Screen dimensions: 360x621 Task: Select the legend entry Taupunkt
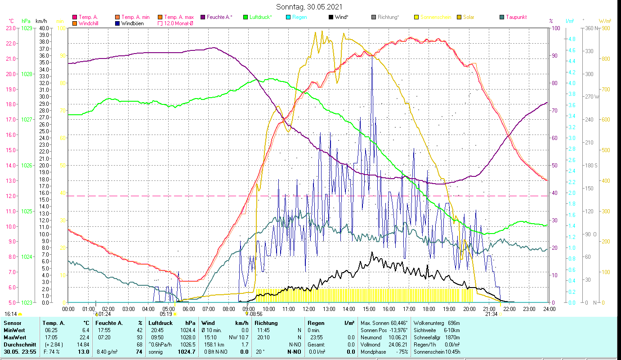(516, 17)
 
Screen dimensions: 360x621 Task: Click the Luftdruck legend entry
(260, 17)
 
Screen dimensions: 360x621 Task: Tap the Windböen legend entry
(132, 23)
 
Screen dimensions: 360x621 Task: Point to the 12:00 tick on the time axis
(308, 309)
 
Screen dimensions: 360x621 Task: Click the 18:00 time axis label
(429, 309)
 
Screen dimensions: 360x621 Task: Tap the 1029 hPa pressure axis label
(27, 28)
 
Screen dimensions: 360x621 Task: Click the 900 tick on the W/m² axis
(606, 28)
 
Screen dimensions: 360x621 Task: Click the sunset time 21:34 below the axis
(491, 314)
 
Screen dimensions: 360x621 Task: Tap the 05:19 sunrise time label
(166, 314)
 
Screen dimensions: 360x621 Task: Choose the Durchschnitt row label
(18, 344)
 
